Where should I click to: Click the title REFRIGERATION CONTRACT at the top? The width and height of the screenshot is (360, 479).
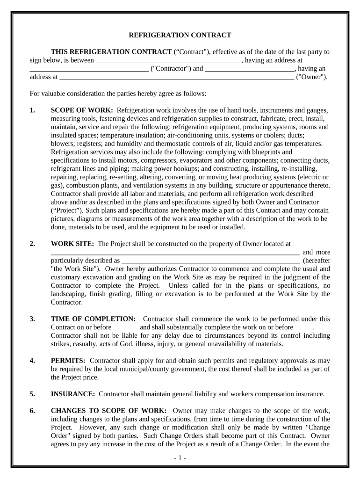pos(180,35)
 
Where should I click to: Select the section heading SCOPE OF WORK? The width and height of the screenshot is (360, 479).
pos(81,110)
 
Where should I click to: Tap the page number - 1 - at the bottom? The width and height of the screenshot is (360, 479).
pos(180,458)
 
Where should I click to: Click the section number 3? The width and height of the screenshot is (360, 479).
pos(32,319)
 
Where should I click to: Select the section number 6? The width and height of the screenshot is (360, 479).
pos(32,410)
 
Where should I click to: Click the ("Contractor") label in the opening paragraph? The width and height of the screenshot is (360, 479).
pos(171,69)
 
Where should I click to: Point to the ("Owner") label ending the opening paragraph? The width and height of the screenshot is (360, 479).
pos(312,77)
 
